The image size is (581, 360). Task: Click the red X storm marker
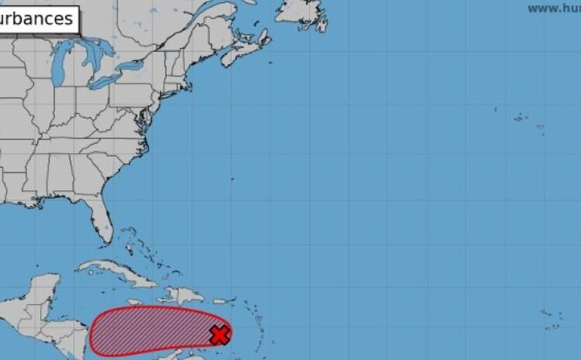[x=220, y=334]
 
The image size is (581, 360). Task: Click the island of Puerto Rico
[x=221, y=300]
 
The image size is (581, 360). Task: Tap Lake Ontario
[x=136, y=63]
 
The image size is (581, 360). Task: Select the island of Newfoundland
[x=302, y=12]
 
